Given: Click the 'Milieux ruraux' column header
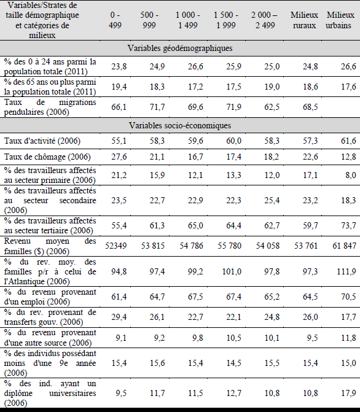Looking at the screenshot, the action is click(x=304, y=20).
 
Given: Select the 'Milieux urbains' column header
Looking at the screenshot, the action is click(x=340, y=20).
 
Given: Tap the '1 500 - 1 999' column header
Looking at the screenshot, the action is click(x=226, y=20).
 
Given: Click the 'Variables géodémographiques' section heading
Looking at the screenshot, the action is click(x=180, y=48).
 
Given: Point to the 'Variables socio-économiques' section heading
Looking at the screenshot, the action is click(x=180, y=125).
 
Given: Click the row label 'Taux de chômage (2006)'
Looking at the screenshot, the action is click(x=47, y=157).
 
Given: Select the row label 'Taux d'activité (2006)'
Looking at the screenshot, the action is click(x=42, y=141).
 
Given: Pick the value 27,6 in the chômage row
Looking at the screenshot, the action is click(x=119, y=157).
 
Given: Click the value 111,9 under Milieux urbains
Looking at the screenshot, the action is click(x=346, y=271).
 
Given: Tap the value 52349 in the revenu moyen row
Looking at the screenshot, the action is click(x=116, y=246).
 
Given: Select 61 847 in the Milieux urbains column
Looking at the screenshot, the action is click(x=344, y=246).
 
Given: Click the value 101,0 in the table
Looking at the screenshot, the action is click(x=232, y=271).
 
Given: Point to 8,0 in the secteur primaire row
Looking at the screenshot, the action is click(x=351, y=175).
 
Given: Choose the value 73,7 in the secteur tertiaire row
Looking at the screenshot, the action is click(x=348, y=225).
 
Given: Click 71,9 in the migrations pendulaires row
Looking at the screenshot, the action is click(x=234, y=107).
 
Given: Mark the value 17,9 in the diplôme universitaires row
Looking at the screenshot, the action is click(x=348, y=393).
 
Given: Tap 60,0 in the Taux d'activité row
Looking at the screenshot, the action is click(x=234, y=141).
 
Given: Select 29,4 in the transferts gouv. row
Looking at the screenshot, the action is click(x=119, y=317).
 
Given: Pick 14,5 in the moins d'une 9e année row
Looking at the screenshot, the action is click(x=234, y=363).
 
